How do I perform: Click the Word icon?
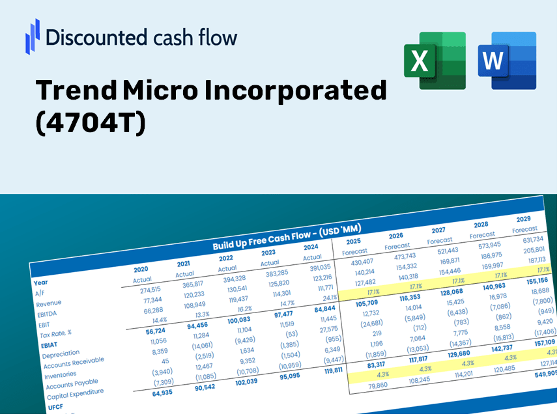click(x=507, y=61)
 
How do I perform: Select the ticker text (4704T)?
click(x=91, y=124)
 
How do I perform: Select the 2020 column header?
click(x=141, y=269)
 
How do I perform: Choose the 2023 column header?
click(x=268, y=253)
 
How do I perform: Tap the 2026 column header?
click(x=395, y=236)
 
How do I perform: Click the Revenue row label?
click(x=49, y=303)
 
